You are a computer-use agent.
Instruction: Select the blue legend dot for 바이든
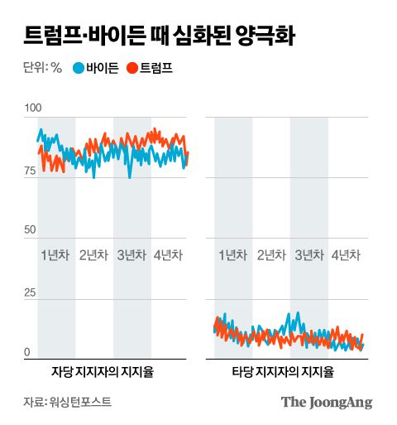(79, 68)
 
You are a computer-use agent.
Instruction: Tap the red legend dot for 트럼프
(132, 68)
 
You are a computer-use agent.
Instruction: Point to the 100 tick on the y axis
(32, 109)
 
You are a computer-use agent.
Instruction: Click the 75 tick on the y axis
(30, 171)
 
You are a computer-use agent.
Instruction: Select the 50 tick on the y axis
(30, 229)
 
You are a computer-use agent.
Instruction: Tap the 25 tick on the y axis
(30, 293)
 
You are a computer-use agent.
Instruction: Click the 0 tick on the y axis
(27, 352)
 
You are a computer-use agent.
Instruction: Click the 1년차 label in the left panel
(56, 254)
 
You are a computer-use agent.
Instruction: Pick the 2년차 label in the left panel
(94, 254)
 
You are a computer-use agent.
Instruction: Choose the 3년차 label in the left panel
(132, 254)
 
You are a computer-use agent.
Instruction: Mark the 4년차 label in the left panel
(170, 254)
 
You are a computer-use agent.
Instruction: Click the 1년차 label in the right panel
(232, 254)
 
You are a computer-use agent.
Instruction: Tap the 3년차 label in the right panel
(309, 254)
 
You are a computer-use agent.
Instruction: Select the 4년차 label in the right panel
(347, 254)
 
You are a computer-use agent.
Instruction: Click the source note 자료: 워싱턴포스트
(67, 403)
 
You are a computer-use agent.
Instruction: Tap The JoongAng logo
(326, 403)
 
